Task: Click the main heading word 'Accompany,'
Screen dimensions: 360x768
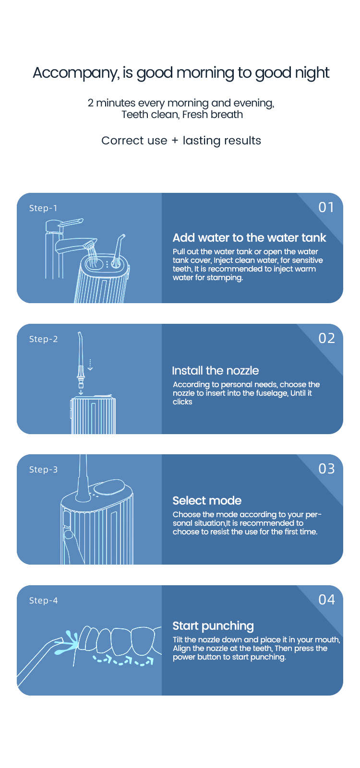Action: (76, 73)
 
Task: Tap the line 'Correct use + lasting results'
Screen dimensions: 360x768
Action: (181, 141)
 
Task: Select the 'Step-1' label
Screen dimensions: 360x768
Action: (43, 208)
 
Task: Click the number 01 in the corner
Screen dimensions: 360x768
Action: (326, 207)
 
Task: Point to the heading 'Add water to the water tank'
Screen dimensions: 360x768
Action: (249, 237)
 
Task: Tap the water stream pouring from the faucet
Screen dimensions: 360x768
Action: (93, 254)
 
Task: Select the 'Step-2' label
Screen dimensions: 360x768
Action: (43, 339)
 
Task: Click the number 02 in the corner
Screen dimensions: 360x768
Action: (326, 338)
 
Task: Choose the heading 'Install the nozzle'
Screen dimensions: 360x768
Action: (216, 371)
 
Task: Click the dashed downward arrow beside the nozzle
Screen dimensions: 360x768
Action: (90, 365)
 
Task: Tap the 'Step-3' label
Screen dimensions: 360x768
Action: (43, 469)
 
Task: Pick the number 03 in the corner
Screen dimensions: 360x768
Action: (326, 468)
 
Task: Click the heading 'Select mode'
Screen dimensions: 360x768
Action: (207, 501)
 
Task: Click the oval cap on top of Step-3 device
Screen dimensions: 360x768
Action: (109, 487)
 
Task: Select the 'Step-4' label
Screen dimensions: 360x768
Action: (43, 600)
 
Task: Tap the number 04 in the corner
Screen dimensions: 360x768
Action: (326, 599)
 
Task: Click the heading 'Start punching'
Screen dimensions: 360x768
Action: (213, 626)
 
